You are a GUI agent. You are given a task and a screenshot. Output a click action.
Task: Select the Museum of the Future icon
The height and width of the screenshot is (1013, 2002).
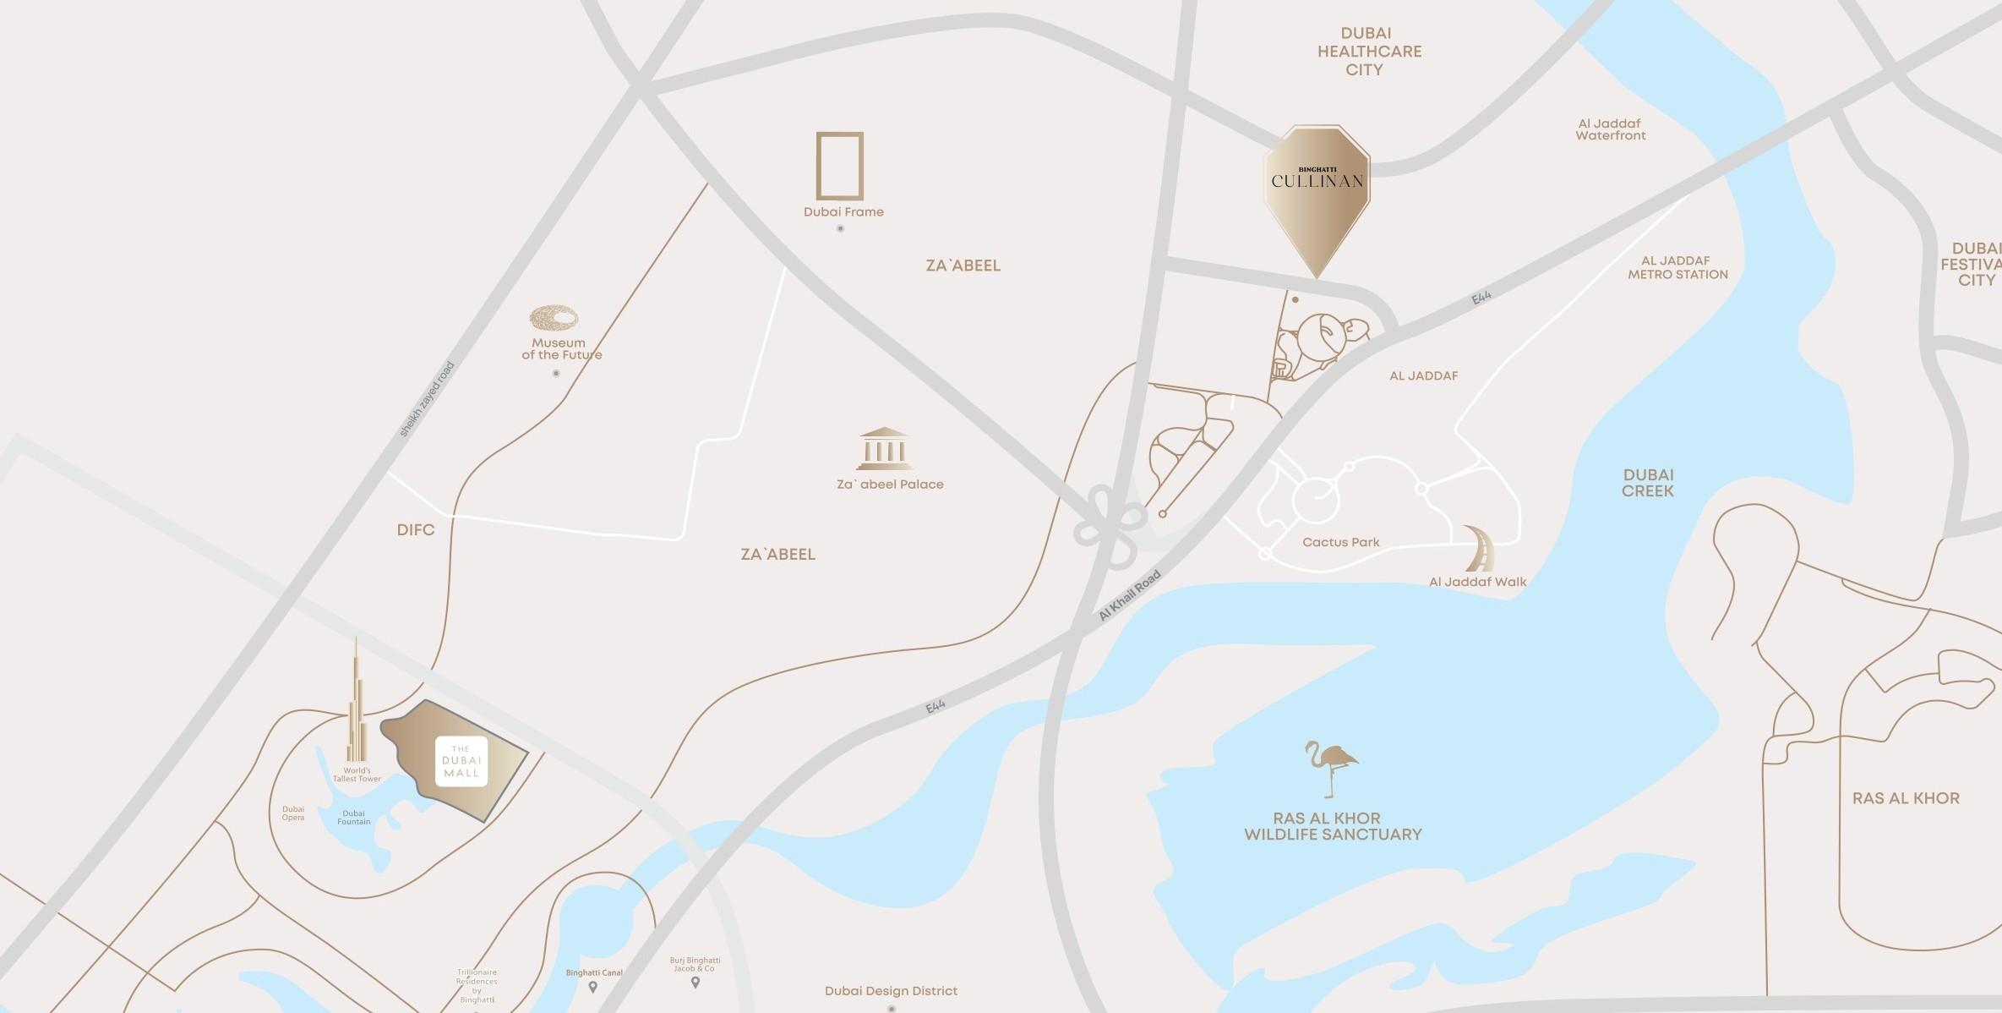coord(554,318)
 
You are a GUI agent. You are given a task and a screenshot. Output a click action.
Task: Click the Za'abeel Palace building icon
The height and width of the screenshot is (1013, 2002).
coord(884,448)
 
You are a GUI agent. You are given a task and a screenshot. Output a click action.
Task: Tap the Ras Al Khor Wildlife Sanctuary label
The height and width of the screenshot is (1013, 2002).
coord(1333,826)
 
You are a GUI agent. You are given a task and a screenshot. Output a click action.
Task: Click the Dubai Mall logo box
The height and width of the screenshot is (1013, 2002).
coord(461,762)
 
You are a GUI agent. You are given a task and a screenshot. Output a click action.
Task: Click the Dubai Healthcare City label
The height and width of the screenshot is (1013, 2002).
coord(1368,52)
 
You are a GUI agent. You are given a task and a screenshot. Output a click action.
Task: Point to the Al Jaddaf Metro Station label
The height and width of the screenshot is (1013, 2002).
coord(1677,267)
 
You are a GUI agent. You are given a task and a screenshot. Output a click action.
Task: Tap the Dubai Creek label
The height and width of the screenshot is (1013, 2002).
coord(1647,483)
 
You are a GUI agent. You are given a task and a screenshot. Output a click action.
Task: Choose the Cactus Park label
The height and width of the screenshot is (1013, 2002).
coord(1340,542)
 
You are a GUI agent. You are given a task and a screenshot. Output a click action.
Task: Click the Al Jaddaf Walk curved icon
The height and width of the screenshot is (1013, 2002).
coord(1479,548)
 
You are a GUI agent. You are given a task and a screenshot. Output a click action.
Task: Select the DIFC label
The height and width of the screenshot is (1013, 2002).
coord(416,530)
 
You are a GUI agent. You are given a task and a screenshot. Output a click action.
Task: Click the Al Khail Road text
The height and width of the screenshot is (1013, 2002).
coord(1130,596)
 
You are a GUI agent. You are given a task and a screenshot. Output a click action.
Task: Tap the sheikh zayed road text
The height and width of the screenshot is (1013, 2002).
coord(427,399)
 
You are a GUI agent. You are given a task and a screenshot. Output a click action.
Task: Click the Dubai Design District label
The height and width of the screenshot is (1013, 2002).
coord(891,990)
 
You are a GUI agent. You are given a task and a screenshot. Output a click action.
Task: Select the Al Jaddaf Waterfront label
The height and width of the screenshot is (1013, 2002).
coord(1610,129)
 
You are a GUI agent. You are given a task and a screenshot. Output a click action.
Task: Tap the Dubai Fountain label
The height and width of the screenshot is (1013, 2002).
coord(353,817)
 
